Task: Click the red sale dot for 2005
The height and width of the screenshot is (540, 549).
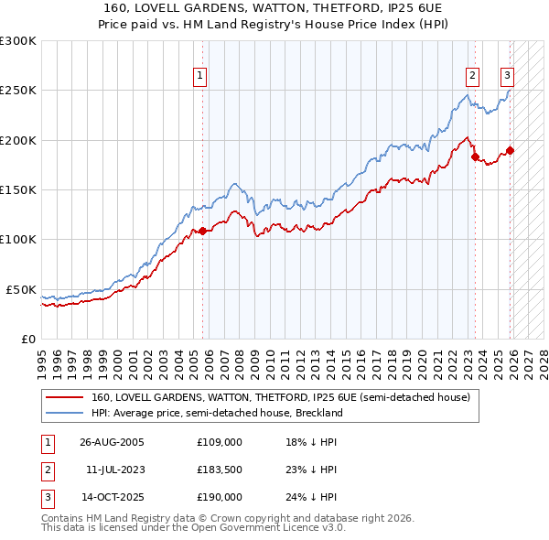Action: (x=203, y=231)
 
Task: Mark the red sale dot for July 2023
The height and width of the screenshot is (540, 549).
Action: (x=475, y=157)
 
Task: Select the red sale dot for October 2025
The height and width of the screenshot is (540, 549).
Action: (x=510, y=150)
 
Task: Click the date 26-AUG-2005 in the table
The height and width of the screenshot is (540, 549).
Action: (x=112, y=441)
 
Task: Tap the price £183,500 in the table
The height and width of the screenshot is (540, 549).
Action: (x=220, y=470)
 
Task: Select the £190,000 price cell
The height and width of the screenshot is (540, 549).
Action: (x=220, y=497)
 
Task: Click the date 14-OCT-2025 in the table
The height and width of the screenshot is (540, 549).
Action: (x=112, y=497)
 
